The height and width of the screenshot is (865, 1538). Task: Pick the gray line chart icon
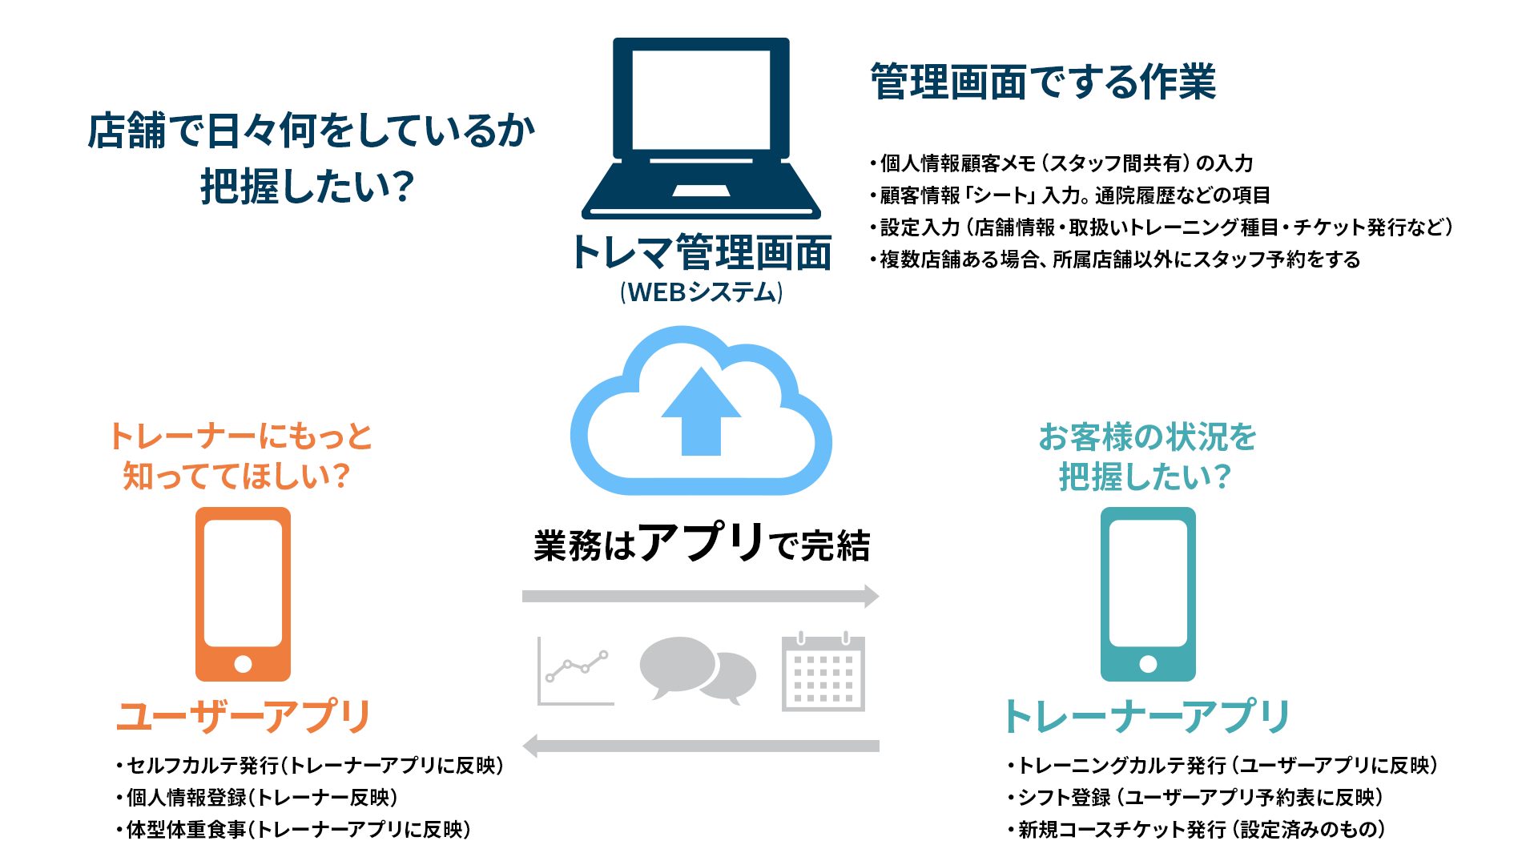pyautogui.click(x=575, y=671)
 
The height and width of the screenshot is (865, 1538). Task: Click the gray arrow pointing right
pyautogui.click(x=701, y=596)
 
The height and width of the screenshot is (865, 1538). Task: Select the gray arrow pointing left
pyautogui.click(x=701, y=746)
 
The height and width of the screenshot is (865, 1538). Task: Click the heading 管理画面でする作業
pyautogui.click(x=1043, y=82)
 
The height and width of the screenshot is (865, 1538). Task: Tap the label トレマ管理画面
pyautogui.click(x=701, y=253)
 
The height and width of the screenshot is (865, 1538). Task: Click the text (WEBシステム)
pyautogui.click(x=701, y=292)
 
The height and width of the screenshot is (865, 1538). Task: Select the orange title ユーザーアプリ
pyautogui.click(x=244, y=716)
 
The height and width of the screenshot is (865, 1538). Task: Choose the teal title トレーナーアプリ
pyautogui.click(x=1146, y=716)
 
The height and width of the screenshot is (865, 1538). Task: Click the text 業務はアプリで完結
pyautogui.click(x=702, y=543)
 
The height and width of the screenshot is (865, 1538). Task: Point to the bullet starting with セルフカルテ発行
pyautogui.click(x=310, y=766)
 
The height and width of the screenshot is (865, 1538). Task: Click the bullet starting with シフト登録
pyautogui.click(x=1195, y=798)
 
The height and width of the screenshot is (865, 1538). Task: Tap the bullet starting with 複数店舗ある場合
pyautogui.click(x=1115, y=259)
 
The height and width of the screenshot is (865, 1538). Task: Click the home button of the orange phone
pyautogui.click(x=243, y=664)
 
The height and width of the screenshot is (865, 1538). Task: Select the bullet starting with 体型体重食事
pyautogui.click(x=293, y=830)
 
